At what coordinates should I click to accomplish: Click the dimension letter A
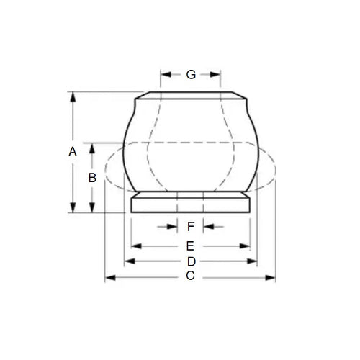click(x=71, y=151)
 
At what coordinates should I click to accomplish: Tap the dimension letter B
click(x=91, y=178)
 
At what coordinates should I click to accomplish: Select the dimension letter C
click(x=190, y=276)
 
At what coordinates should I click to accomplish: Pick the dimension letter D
click(x=191, y=260)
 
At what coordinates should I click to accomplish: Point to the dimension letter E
click(x=191, y=245)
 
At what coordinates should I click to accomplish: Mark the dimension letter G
click(x=191, y=74)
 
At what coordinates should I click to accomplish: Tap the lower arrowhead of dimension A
click(x=71, y=209)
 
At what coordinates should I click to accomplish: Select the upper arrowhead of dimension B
click(x=91, y=146)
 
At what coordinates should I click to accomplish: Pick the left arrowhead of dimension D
click(x=128, y=261)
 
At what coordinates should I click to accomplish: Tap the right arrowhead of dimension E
click(x=248, y=246)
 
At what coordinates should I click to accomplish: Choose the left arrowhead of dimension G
click(x=163, y=74)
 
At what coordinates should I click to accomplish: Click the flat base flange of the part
click(x=190, y=204)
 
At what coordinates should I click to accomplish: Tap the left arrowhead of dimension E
click(x=135, y=246)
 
